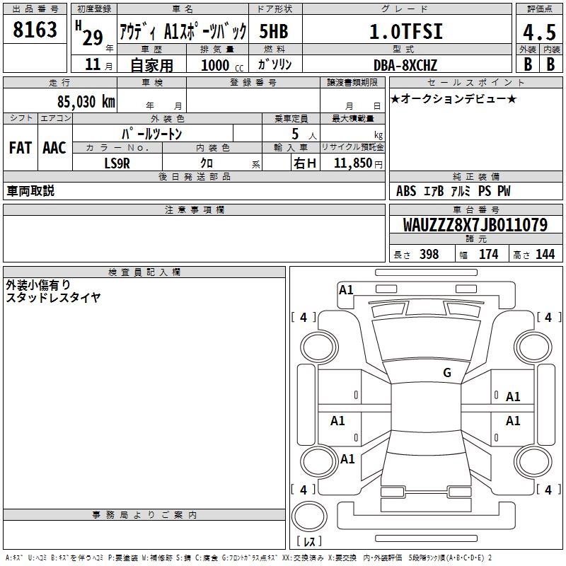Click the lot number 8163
(x=35, y=29)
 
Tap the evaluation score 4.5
(x=539, y=32)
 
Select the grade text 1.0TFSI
(x=406, y=31)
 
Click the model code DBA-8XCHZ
(x=405, y=65)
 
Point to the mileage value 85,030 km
(x=86, y=101)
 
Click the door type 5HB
(x=274, y=31)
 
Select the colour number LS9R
(x=117, y=163)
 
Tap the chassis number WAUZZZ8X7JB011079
(x=475, y=225)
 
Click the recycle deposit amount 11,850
(x=352, y=163)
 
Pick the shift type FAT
(x=21, y=148)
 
